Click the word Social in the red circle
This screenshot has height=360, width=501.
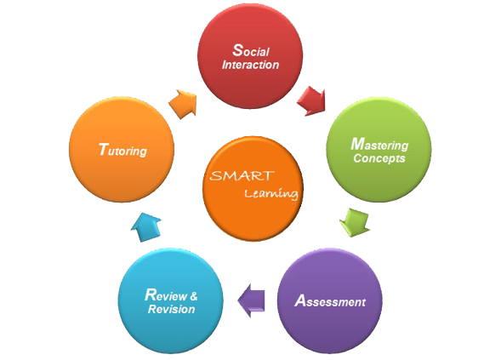[251, 50]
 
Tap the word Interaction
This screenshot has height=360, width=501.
[250, 65]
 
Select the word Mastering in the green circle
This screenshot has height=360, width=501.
[379, 144]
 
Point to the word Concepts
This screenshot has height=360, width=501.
[379, 158]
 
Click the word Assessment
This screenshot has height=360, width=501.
[330, 301]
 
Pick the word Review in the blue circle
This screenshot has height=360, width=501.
[166, 295]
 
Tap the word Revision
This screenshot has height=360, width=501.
[172, 309]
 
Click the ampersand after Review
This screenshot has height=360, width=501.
[194, 296]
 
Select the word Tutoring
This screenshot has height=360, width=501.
[122, 151]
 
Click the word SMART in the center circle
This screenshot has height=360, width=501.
[242, 175]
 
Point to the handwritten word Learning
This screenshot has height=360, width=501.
[271, 194]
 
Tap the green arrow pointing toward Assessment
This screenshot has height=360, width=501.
[355, 222]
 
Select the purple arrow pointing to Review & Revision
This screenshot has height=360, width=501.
[252, 300]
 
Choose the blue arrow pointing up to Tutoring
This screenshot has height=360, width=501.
[145, 227]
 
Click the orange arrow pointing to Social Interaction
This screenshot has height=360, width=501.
[183, 104]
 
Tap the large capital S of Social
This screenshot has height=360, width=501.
[237, 50]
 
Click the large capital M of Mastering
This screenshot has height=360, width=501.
[357, 144]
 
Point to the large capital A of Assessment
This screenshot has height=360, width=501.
[300, 301]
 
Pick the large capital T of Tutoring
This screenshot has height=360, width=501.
[103, 149]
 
